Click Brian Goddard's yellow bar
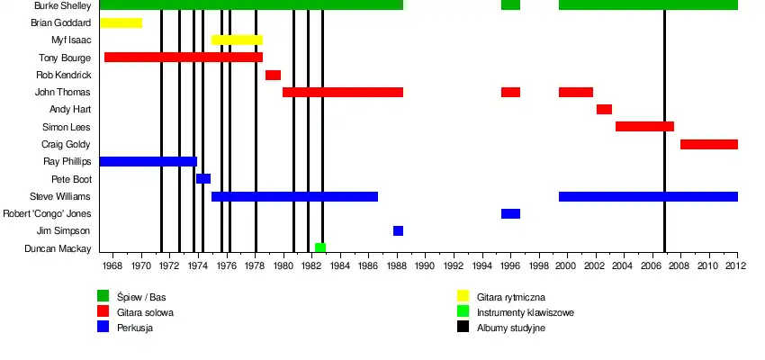point(121,22)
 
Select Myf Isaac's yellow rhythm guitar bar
point(237,40)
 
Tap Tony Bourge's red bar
point(184,58)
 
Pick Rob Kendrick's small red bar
point(273,75)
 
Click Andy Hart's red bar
point(604,110)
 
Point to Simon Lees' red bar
point(644,127)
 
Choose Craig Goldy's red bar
point(709,144)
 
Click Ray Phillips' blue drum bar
point(148,162)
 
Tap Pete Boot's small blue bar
point(203,179)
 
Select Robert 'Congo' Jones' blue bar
point(510,214)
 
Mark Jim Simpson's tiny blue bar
point(398,231)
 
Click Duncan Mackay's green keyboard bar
point(320,248)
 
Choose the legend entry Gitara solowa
point(145,312)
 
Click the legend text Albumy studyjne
point(511,328)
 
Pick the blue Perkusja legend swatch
point(103,327)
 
